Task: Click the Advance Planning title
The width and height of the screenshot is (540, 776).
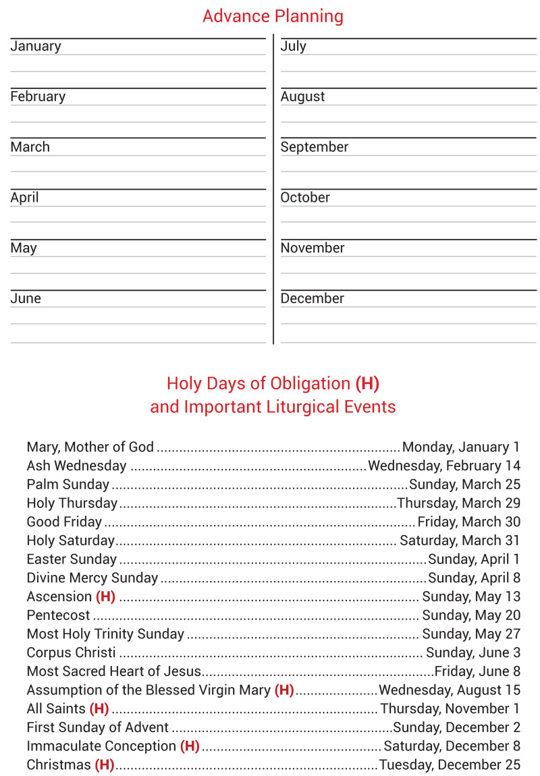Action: click(273, 16)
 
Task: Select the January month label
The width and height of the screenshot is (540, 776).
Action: click(36, 47)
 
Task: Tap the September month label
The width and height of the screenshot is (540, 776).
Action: click(315, 147)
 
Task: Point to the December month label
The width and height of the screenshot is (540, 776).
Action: click(313, 298)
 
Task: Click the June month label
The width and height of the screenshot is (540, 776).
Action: click(26, 298)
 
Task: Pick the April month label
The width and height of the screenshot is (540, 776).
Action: click(24, 198)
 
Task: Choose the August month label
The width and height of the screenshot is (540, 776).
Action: click(303, 96)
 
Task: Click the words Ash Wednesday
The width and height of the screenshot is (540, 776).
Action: click(76, 466)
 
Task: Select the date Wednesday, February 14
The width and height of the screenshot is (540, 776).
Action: click(444, 466)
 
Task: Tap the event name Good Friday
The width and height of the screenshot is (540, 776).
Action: click(64, 522)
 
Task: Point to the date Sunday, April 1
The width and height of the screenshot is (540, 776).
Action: click(474, 559)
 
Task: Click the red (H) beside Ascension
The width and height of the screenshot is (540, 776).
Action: click(105, 597)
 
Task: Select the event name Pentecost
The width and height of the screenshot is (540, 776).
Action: click(58, 615)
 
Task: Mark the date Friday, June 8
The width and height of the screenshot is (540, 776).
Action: click(477, 671)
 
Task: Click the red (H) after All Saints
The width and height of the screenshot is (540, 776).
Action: click(99, 709)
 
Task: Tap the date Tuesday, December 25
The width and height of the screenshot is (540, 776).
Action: click(450, 765)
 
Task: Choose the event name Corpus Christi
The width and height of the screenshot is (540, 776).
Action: click(71, 653)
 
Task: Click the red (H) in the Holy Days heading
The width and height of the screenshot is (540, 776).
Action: click(367, 384)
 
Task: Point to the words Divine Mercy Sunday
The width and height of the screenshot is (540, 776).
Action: click(92, 578)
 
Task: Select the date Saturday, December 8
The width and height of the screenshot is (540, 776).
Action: click(452, 746)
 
